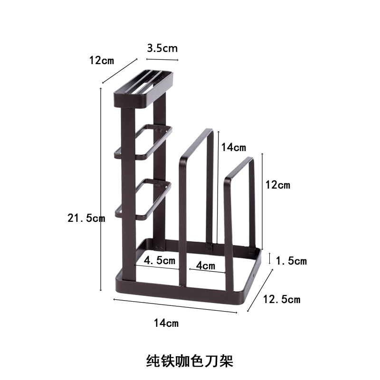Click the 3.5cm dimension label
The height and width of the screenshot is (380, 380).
[x=162, y=48]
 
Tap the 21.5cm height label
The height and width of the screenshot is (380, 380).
[x=86, y=218]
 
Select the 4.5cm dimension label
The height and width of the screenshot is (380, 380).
[x=160, y=260]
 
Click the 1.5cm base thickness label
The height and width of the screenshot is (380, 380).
[x=291, y=261]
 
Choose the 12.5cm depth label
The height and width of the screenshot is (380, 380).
[x=281, y=299]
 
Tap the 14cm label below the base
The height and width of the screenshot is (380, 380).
[x=166, y=323]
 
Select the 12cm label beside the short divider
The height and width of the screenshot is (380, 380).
[x=277, y=185]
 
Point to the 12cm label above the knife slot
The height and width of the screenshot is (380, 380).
[x=102, y=60]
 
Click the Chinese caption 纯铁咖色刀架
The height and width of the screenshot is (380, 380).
[x=190, y=361]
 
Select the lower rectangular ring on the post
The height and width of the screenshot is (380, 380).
[x=142, y=199]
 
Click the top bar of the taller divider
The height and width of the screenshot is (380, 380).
[x=196, y=142]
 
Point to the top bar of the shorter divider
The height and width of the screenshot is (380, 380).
[x=238, y=168]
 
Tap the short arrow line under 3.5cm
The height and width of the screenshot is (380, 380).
[x=162, y=59]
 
